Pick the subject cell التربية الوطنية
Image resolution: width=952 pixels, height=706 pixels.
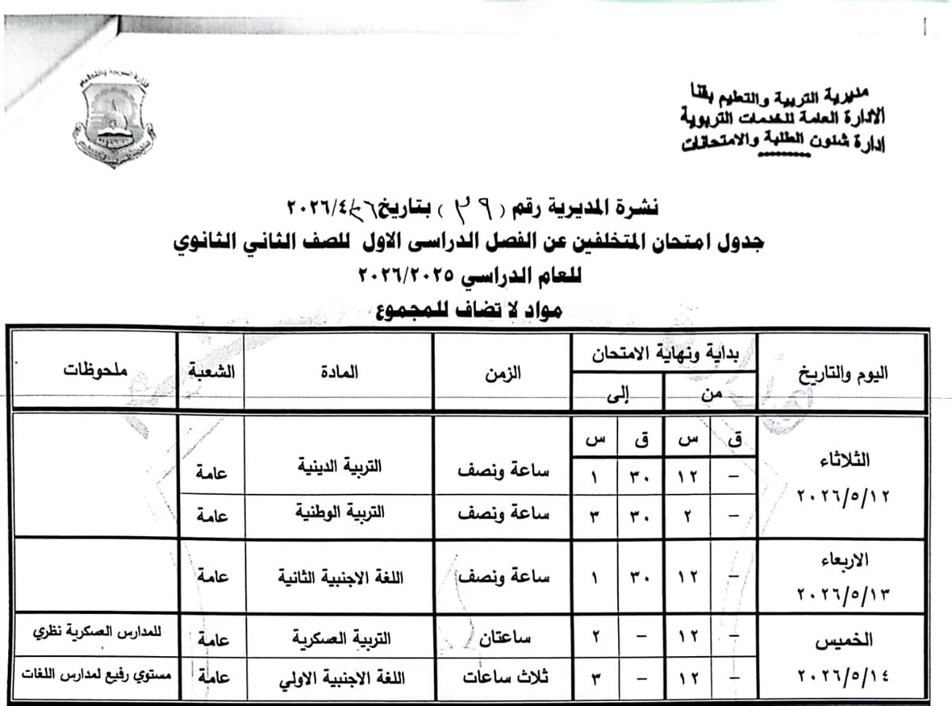pos(339,512)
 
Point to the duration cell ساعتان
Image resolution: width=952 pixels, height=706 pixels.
pos(503,636)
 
